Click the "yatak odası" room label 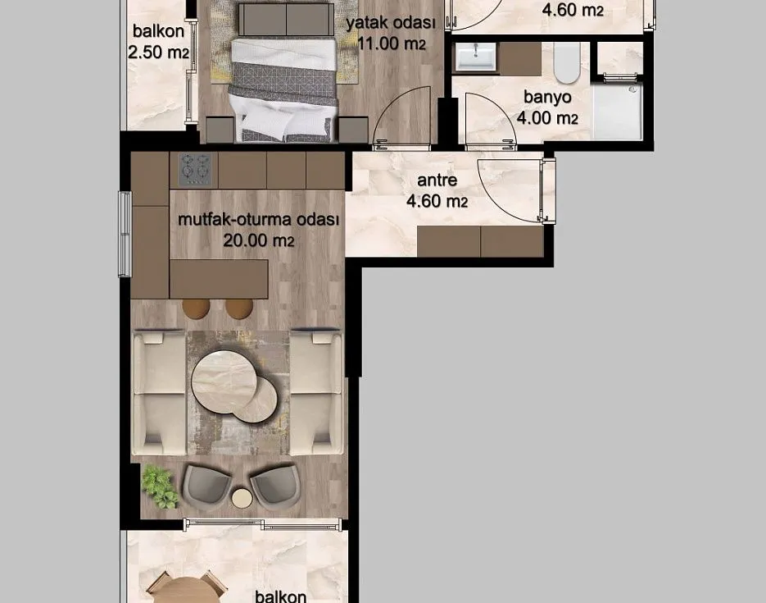[390, 23]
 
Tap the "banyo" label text [547, 97]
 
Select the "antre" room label [437, 180]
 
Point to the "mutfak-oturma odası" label [258, 220]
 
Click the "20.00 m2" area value [258, 240]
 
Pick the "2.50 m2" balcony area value [158, 52]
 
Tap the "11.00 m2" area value [392, 43]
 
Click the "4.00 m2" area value [547, 118]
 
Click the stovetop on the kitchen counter [196, 169]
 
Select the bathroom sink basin [475, 57]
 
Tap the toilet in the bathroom [567, 62]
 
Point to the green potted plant [159, 487]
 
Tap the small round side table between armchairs [242, 498]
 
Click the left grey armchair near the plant [206, 487]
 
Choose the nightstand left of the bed [220, 130]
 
